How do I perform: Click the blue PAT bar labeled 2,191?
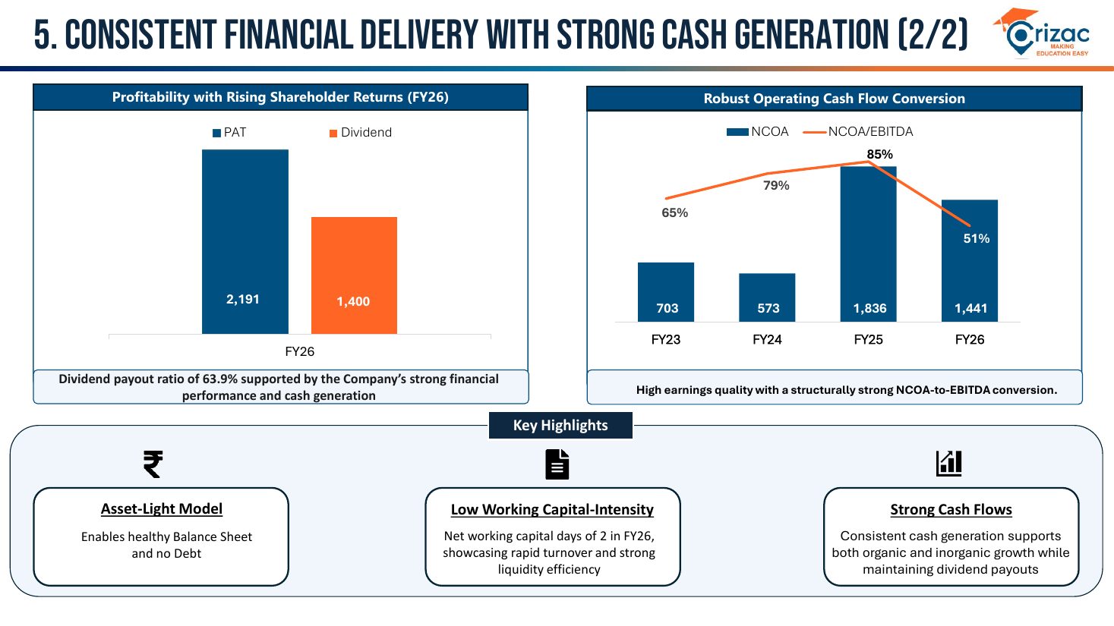click(x=245, y=241)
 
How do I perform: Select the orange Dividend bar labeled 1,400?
click(x=354, y=275)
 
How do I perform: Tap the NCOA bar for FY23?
click(x=666, y=292)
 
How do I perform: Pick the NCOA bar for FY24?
click(x=767, y=297)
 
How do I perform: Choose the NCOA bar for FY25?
click(x=868, y=244)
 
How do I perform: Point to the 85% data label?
click(x=880, y=154)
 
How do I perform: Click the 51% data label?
click(x=977, y=238)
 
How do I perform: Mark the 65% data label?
click(x=675, y=212)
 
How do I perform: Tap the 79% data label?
click(x=776, y=185)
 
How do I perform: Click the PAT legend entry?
click(x=229, y=132)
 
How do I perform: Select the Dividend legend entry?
click(x=361, y=132)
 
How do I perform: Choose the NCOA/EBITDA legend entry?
click(x=858, y=132)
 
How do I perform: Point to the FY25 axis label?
click(x=868, y=339)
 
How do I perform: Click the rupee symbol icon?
click(x=153, y=464)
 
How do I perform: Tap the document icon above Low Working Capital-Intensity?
click(x=557, y=464)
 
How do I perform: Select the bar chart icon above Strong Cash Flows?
click(x=949, y=464)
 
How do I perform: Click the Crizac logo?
click(x=1041, y=33)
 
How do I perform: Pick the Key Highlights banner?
click(x=560, y=425)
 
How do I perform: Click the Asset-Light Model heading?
click(x=162, y=508)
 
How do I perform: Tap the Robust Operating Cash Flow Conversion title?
click(x=834, y=99)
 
